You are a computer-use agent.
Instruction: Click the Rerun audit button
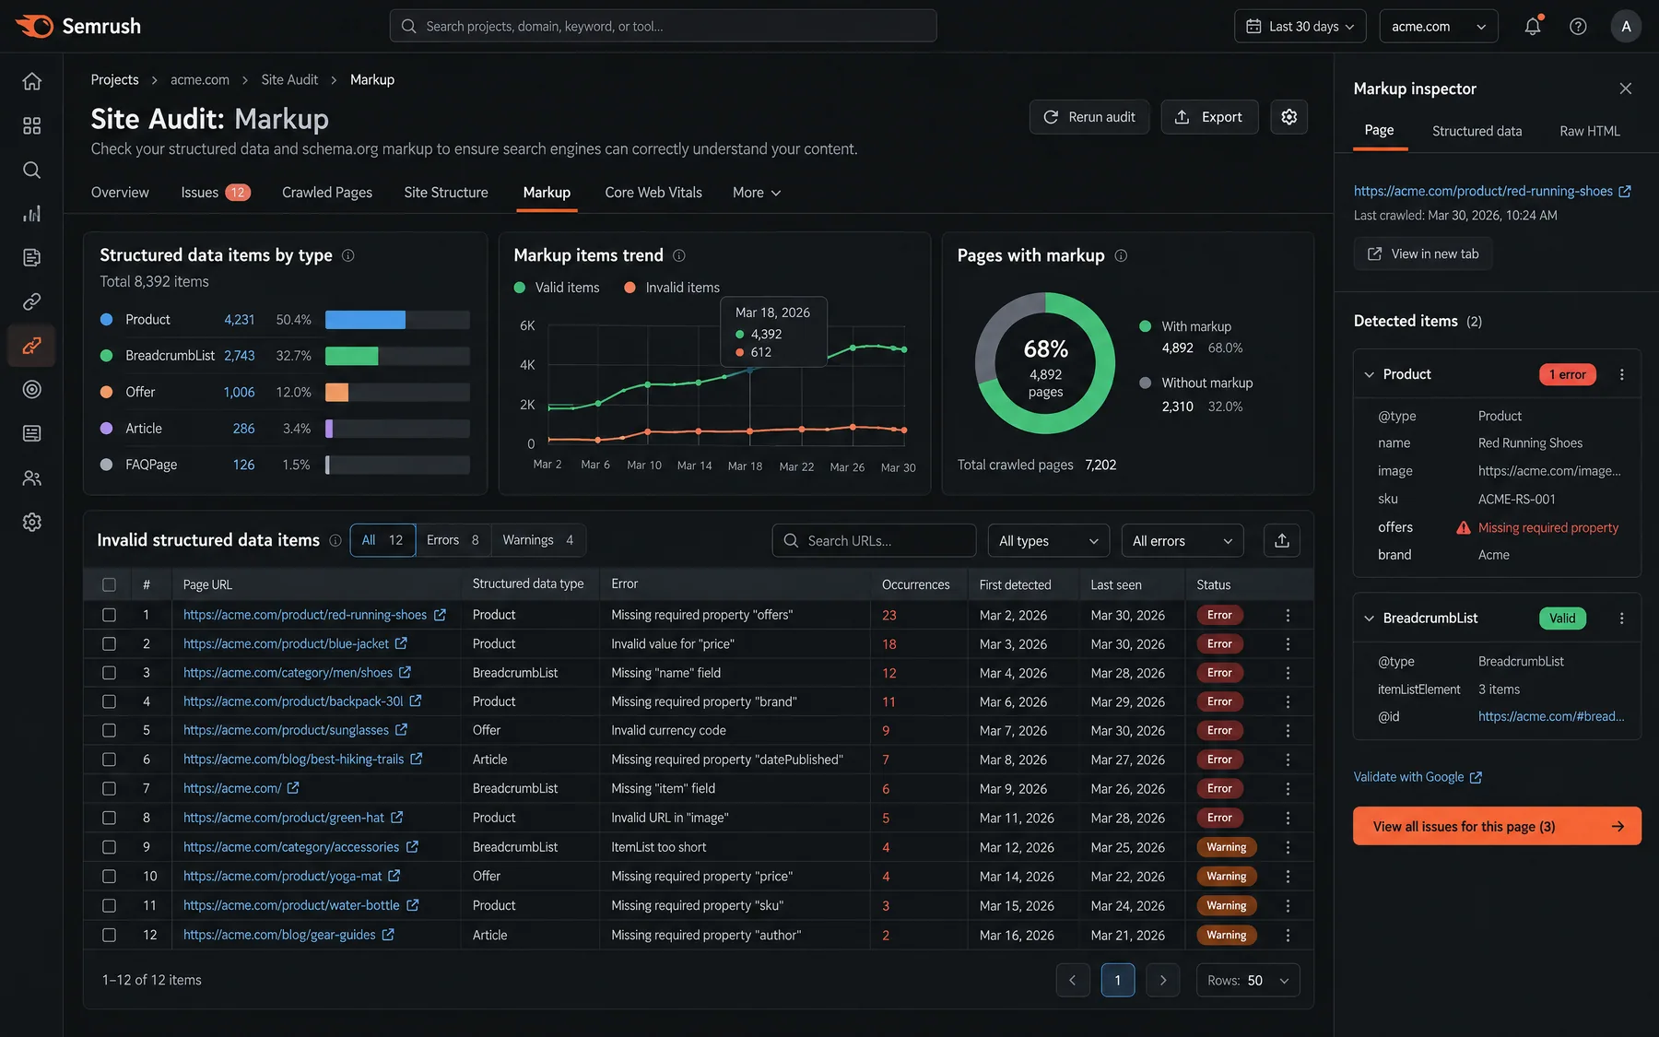pos(1089,117)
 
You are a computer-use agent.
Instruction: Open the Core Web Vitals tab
pos(653,193)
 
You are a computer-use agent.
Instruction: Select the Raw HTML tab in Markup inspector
pos(1589,131)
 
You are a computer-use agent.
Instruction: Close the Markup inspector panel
pos(1625,88)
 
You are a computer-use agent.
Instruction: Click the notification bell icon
pos(1532,27)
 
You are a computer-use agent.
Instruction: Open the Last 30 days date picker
pos(1300,27)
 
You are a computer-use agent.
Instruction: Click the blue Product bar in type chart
pos(365,320)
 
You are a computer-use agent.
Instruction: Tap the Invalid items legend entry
pos(672,288)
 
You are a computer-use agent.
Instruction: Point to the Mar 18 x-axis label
pos(745,466)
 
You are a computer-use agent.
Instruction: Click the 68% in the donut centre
pos(1045,349)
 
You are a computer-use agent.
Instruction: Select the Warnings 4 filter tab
pos(538,540)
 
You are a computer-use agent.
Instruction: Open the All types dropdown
pos(1049,541)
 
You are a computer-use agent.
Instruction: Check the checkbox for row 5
pos(109,730)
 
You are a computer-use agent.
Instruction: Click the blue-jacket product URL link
pos(286,643)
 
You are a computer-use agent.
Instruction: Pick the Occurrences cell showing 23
pos(889,615)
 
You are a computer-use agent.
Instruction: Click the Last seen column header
pos(1116,584)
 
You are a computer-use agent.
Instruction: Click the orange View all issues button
pos(1497,826)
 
